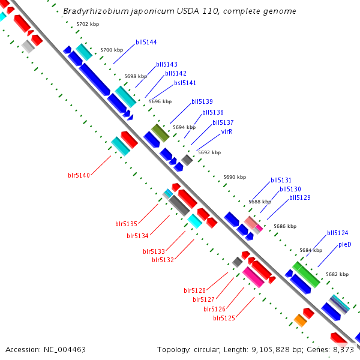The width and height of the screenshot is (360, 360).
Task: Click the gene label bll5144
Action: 146,42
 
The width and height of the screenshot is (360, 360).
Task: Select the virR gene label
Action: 227,131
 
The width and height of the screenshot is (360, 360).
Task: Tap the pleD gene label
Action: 345,245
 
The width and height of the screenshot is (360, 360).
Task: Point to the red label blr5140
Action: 79,175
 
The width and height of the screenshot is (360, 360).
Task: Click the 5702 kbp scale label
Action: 88,24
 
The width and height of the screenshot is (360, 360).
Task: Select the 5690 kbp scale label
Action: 235,177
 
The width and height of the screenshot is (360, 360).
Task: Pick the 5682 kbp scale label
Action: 337,274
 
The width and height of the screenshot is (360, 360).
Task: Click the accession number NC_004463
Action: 65,350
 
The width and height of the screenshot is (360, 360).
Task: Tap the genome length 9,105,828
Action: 271,350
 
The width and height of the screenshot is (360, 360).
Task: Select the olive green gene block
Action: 160,133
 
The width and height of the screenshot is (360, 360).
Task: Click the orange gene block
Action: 301,320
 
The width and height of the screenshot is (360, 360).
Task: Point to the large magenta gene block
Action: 253,277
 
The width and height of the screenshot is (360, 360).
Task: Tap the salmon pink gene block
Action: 251,223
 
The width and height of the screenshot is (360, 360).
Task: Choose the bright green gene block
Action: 306,274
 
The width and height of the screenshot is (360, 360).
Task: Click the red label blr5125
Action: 224,318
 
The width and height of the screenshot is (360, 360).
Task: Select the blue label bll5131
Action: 281,180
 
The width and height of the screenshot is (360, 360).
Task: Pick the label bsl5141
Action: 185,83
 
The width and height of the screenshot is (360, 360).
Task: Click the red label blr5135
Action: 126,224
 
